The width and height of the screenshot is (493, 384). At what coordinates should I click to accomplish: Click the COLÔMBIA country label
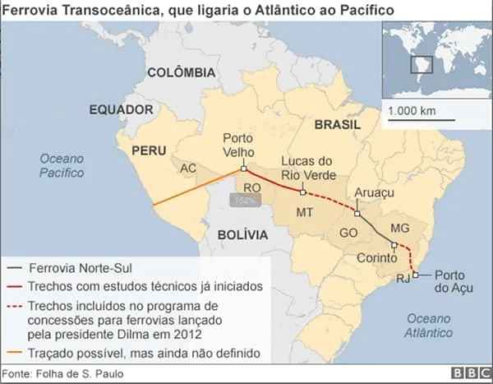pos(181,72)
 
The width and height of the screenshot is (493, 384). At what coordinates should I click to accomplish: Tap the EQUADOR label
pos(121,109)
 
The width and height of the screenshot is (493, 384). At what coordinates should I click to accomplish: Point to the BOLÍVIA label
pos(242,234)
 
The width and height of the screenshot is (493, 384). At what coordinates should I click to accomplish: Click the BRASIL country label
pos(337,124)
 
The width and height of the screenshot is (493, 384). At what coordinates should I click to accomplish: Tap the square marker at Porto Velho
pos(243,170)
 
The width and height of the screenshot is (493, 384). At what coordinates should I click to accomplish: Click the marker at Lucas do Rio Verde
pos(303,192)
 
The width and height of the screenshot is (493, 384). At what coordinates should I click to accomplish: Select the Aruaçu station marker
pos(357,213)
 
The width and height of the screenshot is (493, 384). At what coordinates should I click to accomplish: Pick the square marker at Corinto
pos(394,245)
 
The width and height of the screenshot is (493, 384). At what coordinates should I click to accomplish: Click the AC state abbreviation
pos(188,169)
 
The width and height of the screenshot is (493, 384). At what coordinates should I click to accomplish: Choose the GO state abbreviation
pos(348,233)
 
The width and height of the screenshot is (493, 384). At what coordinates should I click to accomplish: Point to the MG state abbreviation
pos(400,227)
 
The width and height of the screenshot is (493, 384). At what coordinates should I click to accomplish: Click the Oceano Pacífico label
pos(62,165)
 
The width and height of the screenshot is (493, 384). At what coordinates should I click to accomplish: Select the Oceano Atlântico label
pos(429,326)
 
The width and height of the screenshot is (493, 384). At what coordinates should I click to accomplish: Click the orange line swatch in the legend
pos(14,354)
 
